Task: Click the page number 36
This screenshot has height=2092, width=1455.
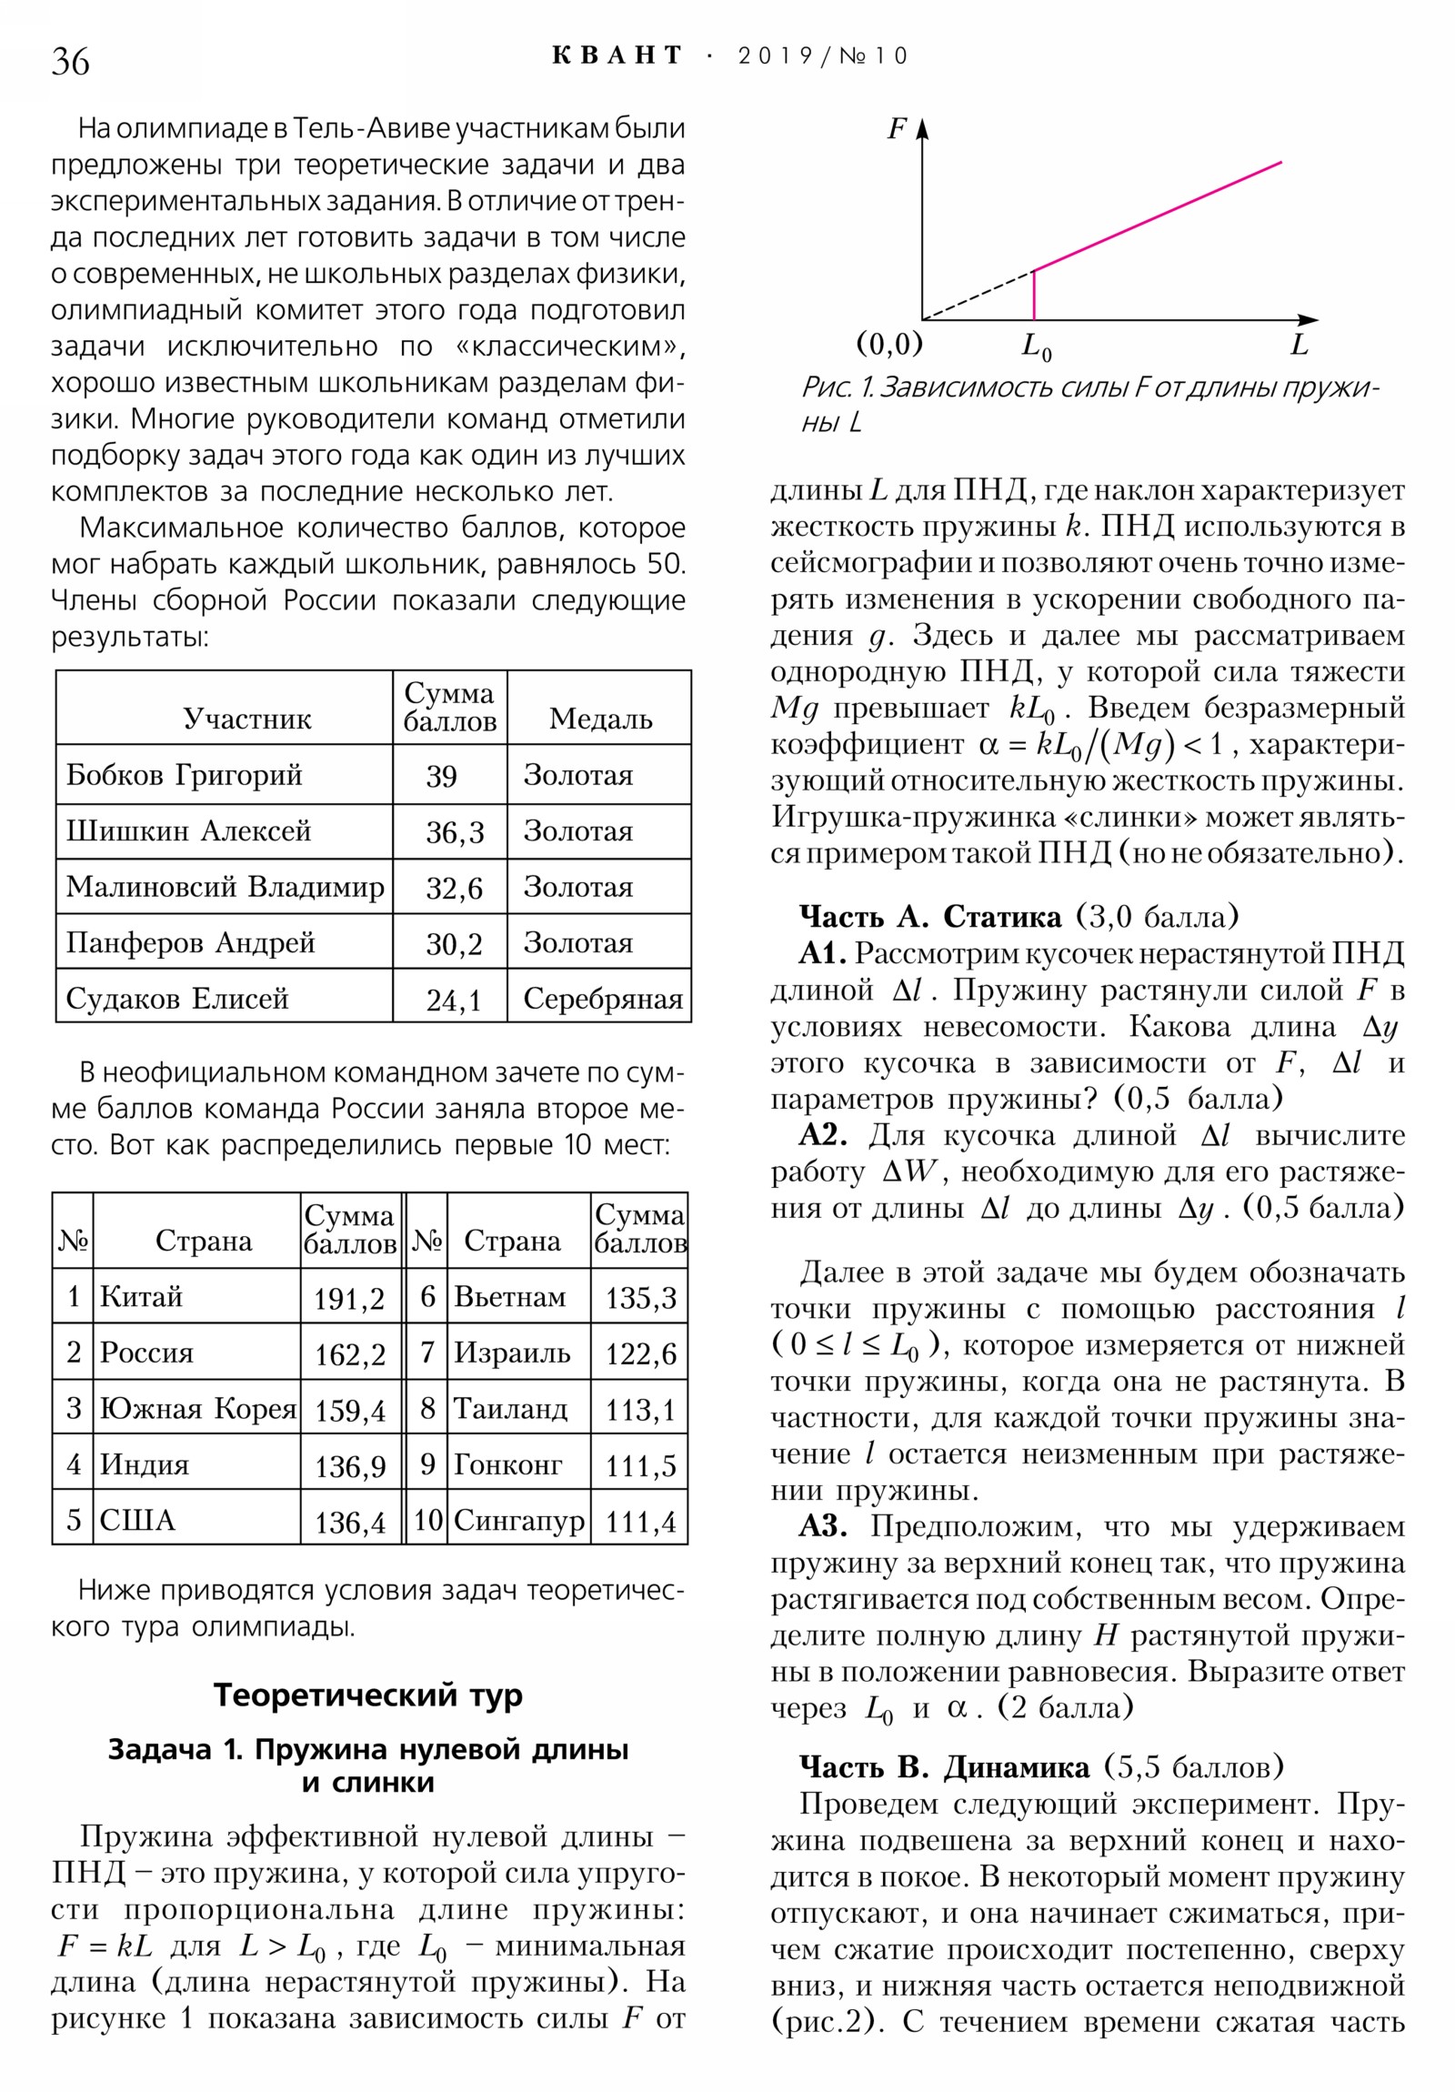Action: [x=70, y=62]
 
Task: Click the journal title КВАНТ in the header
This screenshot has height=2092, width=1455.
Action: [x=617, y=55]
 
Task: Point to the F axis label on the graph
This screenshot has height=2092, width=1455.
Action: [x=897, y=129]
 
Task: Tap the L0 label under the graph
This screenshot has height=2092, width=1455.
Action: [x=1036, y=347]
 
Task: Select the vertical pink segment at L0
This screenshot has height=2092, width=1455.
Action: [x=1034, y=296]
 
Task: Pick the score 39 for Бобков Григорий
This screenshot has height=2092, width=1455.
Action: [x=441, y=776]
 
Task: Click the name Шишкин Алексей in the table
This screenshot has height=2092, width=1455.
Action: [x=188, y=831]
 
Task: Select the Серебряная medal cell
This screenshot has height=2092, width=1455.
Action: [x=602, y=999]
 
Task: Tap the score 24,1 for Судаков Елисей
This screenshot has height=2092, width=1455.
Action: [x=453, y=1001]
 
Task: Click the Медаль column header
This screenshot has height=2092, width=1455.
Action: [x=600, y=719]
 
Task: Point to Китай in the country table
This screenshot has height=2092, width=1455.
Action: [x=141, y=1295]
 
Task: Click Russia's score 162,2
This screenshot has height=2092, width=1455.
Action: [x=350, y=1354]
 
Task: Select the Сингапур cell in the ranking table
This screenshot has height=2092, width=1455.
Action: [x=518, y=1520]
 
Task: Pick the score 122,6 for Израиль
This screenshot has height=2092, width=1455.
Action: [x=640, y=1354]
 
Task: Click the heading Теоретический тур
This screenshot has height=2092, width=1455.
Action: [x=368, y=1694]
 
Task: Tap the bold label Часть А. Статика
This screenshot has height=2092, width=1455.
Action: [x=929, y=917]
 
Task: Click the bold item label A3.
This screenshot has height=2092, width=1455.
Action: [x=823, y=1526]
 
